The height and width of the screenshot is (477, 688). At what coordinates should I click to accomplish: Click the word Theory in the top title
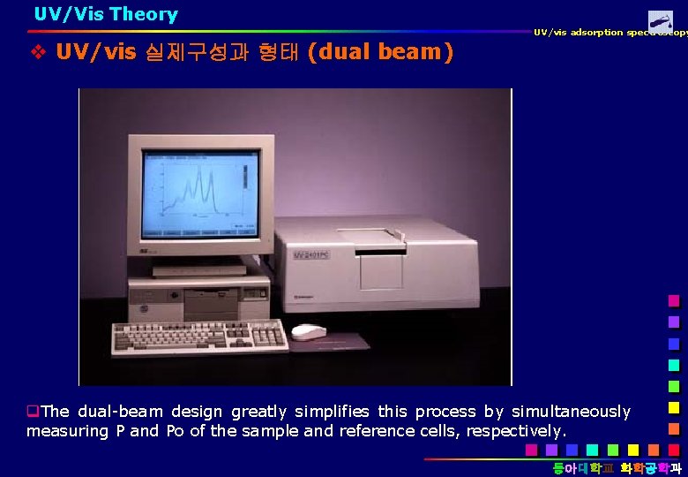144,14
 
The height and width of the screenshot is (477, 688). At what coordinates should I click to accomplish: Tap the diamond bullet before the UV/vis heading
38,52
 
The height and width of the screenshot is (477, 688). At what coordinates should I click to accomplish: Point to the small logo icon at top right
660,21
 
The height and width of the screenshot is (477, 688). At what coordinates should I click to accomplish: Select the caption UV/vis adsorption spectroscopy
609,33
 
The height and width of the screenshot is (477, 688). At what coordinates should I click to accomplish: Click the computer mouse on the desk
308,332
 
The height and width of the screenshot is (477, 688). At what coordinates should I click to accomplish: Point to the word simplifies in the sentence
330,412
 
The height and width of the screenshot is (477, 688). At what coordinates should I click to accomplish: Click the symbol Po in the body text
174,431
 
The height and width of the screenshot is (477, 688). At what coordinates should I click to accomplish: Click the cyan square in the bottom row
591,450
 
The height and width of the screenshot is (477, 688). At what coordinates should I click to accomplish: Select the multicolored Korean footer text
617,467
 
